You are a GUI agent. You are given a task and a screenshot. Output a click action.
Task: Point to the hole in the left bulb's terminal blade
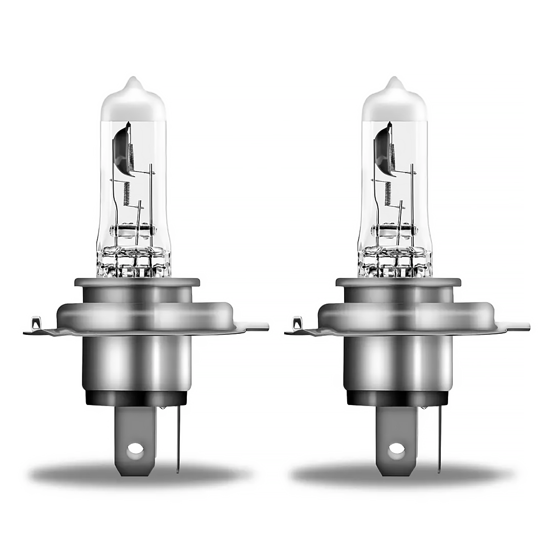(135, 450)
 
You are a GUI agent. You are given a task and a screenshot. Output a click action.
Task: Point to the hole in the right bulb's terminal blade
(396, 450)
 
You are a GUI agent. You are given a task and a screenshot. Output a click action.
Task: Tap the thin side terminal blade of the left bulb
(178, 440)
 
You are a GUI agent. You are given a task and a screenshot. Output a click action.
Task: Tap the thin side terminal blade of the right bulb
(439, 440)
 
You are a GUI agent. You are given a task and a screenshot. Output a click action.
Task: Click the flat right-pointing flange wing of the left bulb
(253, 326)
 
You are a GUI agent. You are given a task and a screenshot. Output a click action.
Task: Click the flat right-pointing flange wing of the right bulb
(515, 326)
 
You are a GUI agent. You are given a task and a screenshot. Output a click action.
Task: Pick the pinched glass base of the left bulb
(133, 261)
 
